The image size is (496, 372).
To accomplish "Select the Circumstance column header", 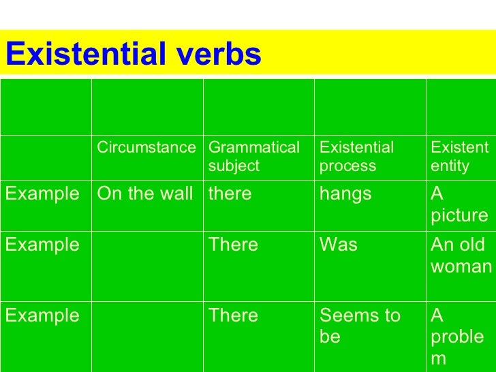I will point(146,148).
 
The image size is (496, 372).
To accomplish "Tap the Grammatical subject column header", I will point(253,157).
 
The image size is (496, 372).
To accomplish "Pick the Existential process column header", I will point(356,157).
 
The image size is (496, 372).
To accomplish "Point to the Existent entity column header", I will point(459,157).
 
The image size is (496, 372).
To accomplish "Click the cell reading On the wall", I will point(144,194).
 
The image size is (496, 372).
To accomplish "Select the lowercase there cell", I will point(230,194).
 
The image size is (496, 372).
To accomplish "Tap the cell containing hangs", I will point(345,194).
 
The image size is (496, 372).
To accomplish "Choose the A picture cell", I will point(459,204).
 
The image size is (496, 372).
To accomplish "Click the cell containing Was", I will point(338,245).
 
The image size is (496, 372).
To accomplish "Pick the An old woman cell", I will point(461,255).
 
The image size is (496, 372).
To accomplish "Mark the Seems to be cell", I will point(360,326).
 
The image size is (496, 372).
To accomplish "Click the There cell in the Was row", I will point(233,245).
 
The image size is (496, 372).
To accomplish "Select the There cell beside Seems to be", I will point(233,316).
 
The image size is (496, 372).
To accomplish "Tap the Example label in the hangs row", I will point(42,194).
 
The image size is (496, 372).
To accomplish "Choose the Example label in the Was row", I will point(42,245).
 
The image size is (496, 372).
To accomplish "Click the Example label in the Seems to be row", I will point(42,316).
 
